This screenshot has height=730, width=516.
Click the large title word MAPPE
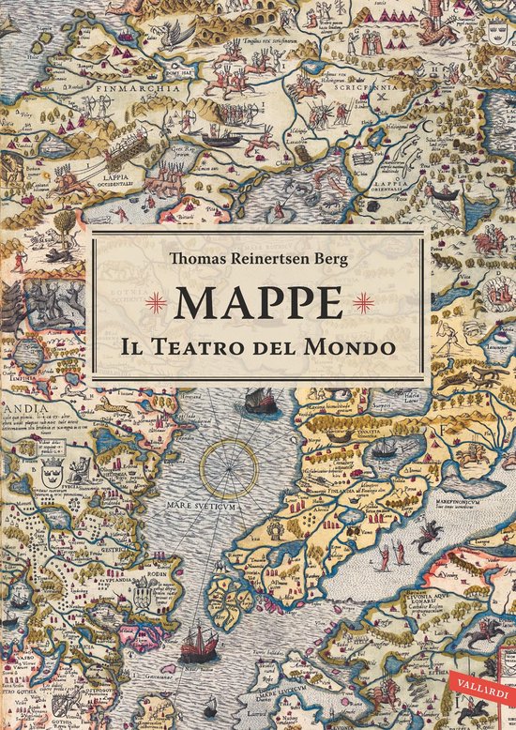[x=257, y=301]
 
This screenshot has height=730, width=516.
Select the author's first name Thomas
[x=199, y=259]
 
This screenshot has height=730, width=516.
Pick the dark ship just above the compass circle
[x=254, y=402]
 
